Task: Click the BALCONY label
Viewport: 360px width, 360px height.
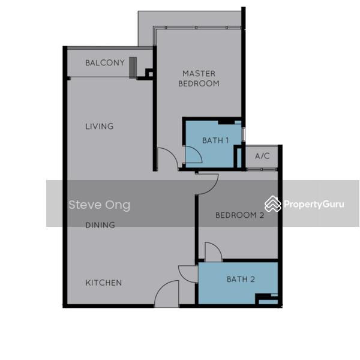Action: pos(105,62)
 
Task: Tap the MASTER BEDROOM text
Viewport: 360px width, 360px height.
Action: pos(199,79)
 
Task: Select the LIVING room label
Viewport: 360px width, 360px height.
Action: pos(100,126)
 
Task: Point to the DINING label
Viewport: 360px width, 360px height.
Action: pos(100,225)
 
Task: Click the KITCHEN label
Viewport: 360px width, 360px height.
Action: pos(104,283)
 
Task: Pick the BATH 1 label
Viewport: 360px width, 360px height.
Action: pos(215,140)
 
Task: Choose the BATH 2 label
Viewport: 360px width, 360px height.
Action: pos(241,279)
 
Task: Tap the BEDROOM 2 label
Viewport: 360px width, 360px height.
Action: pos(239,215)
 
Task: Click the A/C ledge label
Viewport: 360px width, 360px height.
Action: pos(262,156)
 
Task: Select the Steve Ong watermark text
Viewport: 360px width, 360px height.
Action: pos(100,205)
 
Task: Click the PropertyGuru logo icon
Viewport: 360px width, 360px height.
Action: pos(273,204)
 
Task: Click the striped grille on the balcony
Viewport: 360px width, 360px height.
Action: pos(133,68)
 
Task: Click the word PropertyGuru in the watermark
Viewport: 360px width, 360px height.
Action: pos(314,204)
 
